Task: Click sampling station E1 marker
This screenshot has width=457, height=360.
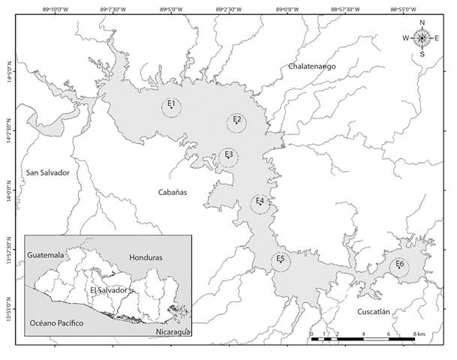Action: tap(172, 106)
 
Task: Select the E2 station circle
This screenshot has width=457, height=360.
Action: tap(236, 122)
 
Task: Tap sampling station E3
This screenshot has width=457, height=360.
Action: tap(229, 157)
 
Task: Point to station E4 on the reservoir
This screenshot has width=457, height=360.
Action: tap(260, 203)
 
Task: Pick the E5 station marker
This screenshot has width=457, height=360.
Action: tap(279, 261)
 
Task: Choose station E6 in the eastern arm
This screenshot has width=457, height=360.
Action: tap(399, 266)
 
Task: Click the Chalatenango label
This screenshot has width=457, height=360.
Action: tap(311, 67)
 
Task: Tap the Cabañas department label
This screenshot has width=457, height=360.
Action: tap(172, 193)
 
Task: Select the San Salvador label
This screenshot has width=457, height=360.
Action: tap(47, 172)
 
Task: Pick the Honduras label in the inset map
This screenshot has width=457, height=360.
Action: tap(146, 257)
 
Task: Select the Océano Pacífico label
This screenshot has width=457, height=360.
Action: tap(56, 323)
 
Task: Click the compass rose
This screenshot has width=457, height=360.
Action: tap(422, 37)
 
